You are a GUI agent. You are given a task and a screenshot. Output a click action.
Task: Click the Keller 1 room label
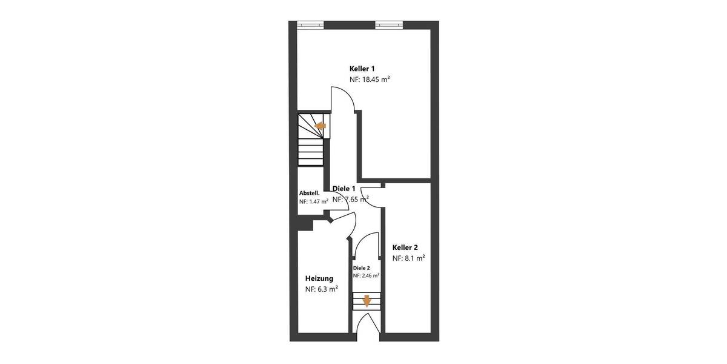click(x=362, y=69)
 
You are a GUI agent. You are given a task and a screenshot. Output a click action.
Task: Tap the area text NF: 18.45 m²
click(x=369, y=79)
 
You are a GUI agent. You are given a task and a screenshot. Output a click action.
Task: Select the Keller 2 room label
click(x=405, y=248)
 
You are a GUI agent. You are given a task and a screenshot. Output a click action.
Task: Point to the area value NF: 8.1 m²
click(x=408, y=258)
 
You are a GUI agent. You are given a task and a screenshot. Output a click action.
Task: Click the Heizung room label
click(x=319, y=278)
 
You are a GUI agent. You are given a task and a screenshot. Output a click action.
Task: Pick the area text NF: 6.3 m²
click(x=321, y=289)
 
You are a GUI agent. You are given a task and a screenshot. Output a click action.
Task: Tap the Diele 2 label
click(x=361, y=268)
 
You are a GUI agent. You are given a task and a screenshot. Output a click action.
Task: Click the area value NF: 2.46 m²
click(x=366, y=275)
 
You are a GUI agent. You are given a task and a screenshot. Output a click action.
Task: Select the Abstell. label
click(x=309, y=193)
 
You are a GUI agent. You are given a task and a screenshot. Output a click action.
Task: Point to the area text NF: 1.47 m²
click(x=313, y=201)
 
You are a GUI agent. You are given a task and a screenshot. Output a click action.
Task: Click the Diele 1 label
click(x=344, y=189)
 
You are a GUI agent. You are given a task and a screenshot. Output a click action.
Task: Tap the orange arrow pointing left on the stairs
click(x=320, y=126)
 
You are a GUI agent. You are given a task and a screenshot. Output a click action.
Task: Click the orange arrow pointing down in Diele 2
click(x=367, y=301)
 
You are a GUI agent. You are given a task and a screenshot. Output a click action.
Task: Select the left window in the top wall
click(x=310, y=25)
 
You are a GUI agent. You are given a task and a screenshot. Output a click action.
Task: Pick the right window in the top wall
click(x=388, y=25)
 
